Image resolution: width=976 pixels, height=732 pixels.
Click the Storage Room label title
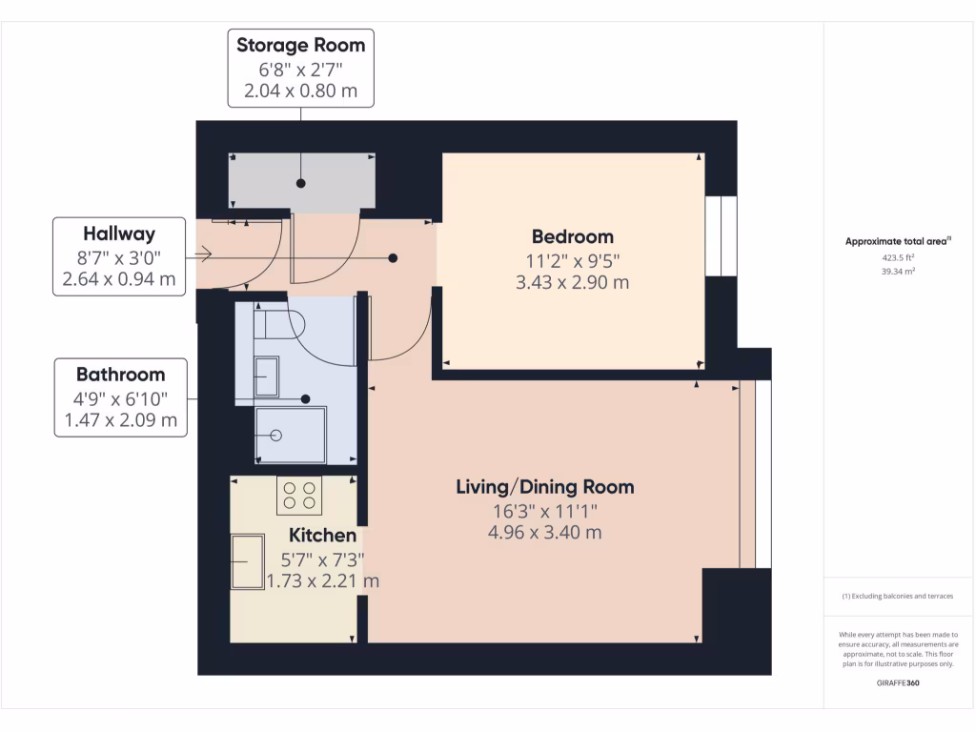tap(300, 45)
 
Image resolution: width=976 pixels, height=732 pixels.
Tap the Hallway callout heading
tap(119, 234)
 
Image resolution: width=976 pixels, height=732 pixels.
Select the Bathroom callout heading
tap(121, 375)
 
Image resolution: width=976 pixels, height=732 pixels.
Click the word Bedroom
tap(572, 236)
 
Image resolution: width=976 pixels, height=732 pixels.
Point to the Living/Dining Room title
tap(544, 487)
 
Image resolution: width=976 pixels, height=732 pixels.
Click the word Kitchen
tap(323, 536)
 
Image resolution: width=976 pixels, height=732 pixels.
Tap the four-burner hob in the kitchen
tap(298, 496)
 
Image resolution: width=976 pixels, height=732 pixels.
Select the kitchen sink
tap(248, 561)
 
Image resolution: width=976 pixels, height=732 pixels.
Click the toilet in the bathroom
tap(282, 324)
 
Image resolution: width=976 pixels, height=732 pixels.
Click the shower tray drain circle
tap(276, 435)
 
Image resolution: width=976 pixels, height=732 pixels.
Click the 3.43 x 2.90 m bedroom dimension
tap(572, 283)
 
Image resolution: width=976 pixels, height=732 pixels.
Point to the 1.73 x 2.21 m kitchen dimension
tap(323, 580)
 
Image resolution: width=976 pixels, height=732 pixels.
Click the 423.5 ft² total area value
tap(898, 256)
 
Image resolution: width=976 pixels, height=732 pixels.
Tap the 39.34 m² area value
tap(898, 271)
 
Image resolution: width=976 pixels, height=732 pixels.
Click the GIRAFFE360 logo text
tap(898, 683)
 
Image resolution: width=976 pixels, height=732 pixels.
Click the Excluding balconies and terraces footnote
tap(898, 596)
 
